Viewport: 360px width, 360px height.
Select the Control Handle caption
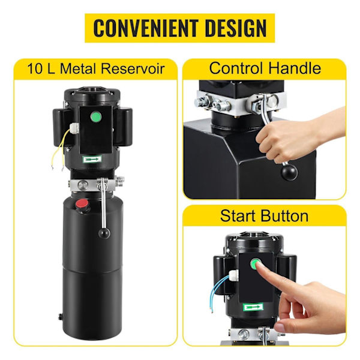coord(264,67)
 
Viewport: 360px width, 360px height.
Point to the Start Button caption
coord(265,215)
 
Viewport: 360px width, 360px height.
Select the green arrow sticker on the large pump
coord(93,158)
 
